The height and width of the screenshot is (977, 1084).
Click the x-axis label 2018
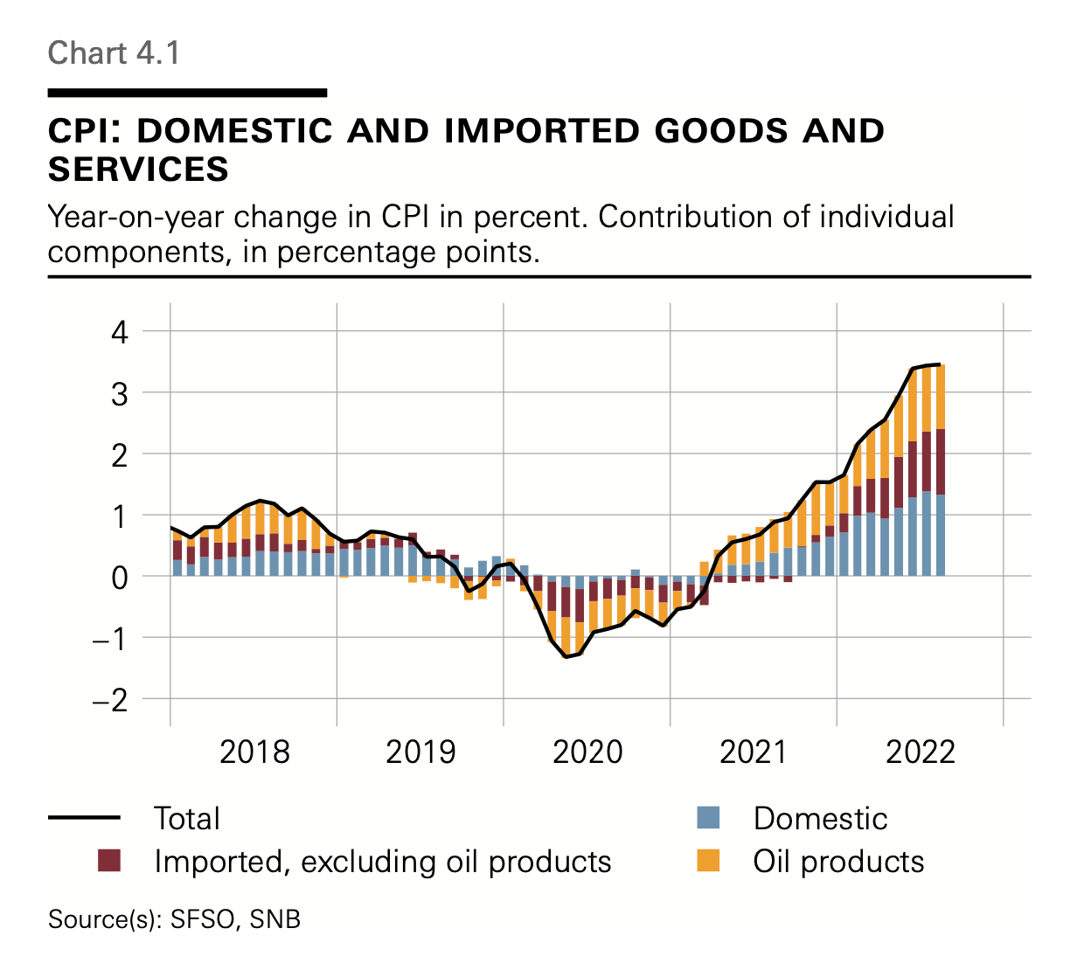click(254, 752)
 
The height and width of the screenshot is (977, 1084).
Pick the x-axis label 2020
click(587, 752)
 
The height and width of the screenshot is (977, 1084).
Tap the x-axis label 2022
click(921, 752)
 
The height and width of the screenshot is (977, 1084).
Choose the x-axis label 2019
click(420, 752)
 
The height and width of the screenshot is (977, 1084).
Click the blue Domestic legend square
click(708, 818)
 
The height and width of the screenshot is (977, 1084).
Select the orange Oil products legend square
click(708, 861)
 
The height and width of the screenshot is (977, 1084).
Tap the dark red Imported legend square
click(108, 861)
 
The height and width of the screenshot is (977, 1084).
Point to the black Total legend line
click(84, 818)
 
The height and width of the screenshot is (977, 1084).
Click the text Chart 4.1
click(114, 53)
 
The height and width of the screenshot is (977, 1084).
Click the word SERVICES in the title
click(138, 170)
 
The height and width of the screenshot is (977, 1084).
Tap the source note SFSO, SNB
click(235, 919)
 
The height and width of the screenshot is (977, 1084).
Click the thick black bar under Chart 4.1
click(187, 93)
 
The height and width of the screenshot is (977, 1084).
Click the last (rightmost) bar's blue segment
click(940, 535)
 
